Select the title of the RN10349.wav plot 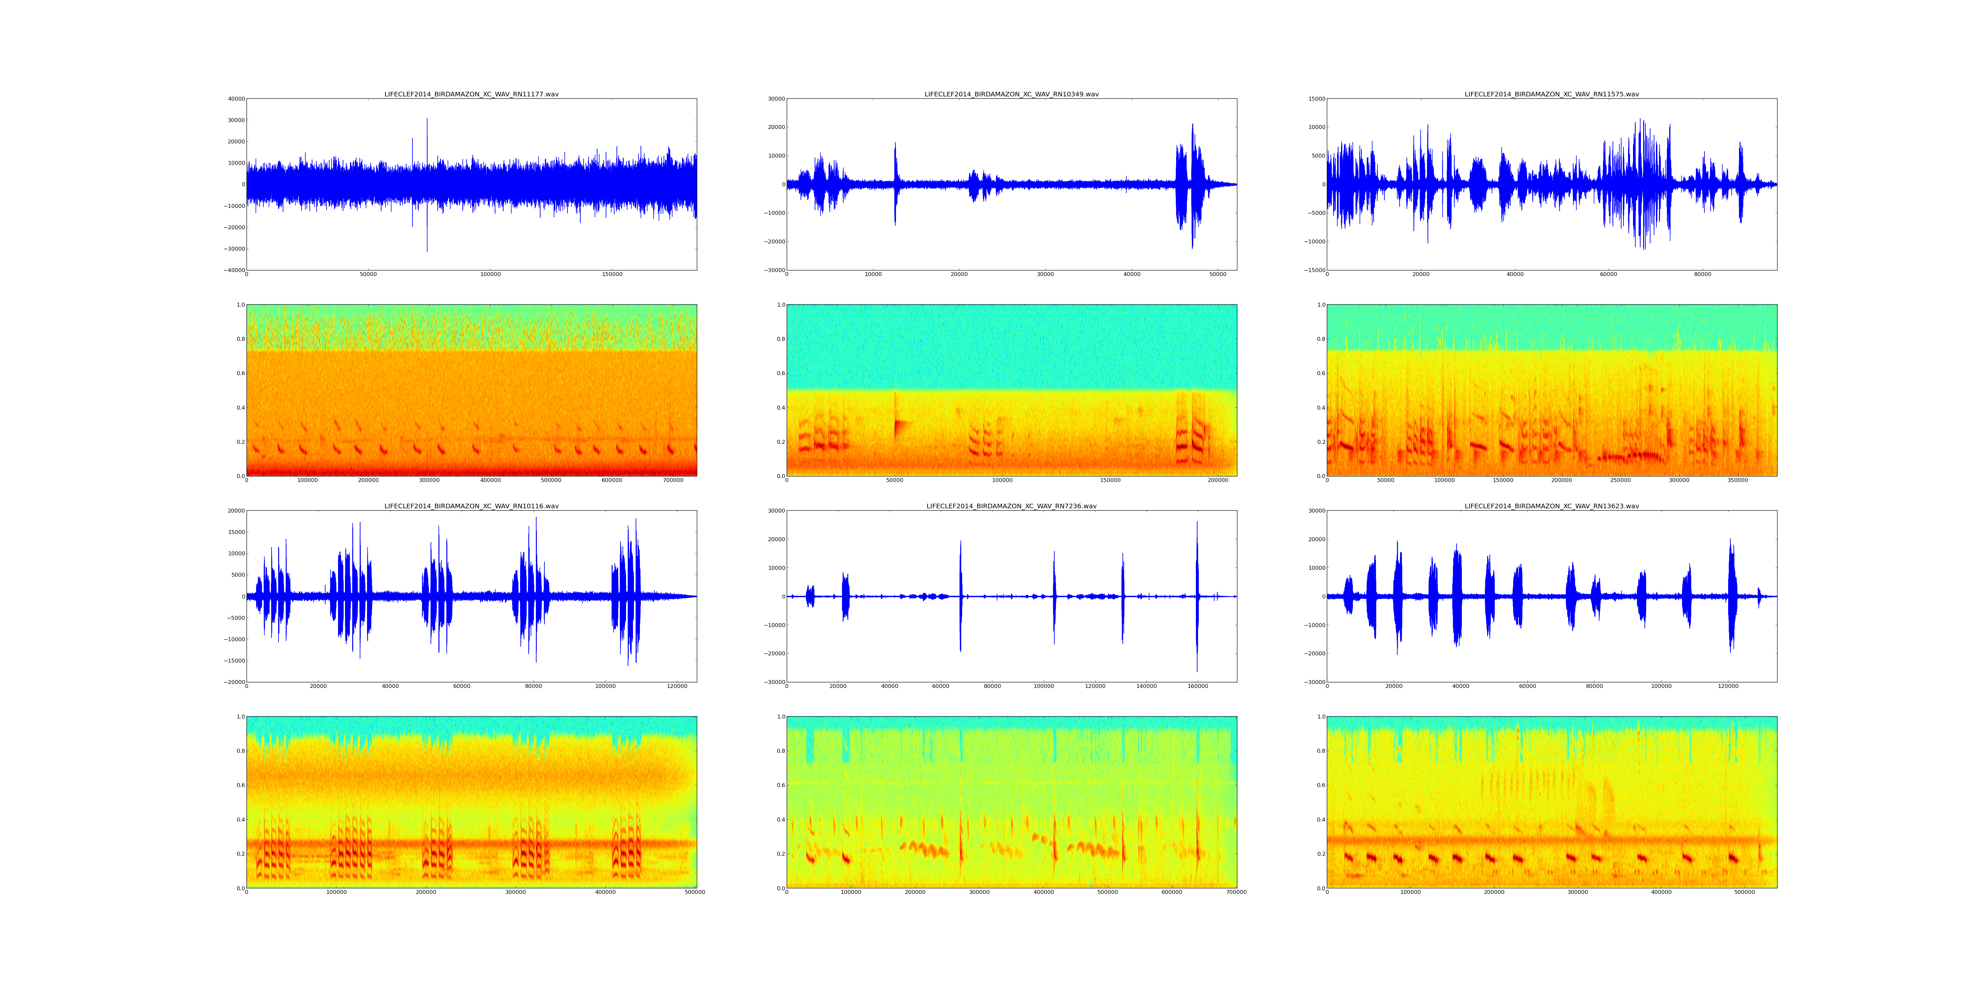click(1011, 94)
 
